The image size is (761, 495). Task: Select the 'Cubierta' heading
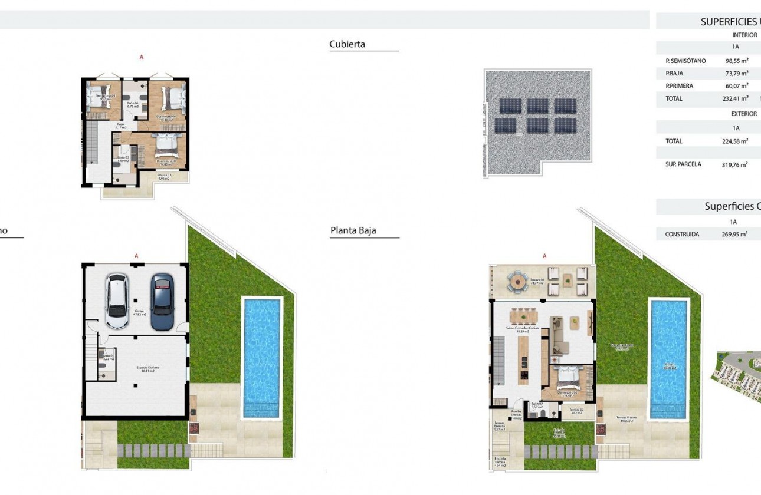pyautogui.click(x=347, y=44)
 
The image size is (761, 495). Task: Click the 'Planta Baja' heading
pyautogui.click(x=353, y=231)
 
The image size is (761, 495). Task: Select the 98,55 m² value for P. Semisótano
pyautogui.click(x=736, y=61)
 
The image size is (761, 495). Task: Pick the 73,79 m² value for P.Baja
pyautogui.click(x=736, y=73)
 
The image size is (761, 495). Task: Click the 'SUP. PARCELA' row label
pyautogui.click(x=683, y=164)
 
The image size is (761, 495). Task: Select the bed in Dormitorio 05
pyautogui.click(x=94, y=97)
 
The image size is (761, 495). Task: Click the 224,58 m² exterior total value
pyautogui.click(x=735, y=141)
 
